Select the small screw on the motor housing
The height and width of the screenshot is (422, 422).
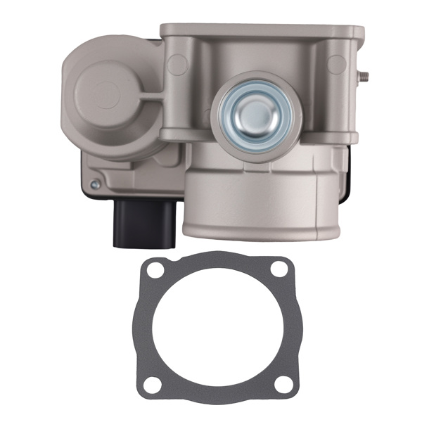tap(94, 185)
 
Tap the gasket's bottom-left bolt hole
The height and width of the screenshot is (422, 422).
tap(151, 384)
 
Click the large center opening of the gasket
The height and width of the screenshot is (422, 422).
tap(215, 328)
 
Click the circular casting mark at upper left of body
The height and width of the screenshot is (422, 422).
tap(178, 65)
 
